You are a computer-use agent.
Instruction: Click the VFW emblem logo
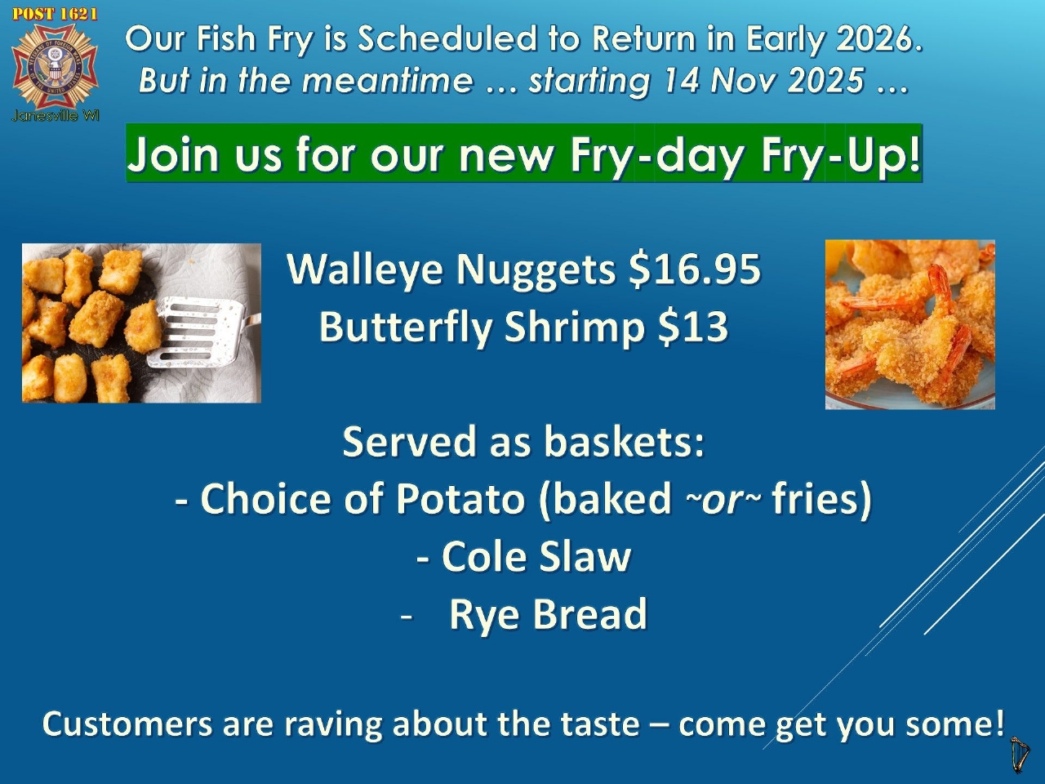[56, 65]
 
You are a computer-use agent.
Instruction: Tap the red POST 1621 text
[56, 14]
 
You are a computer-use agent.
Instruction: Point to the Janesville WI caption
[56, 116]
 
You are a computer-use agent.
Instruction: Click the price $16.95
[695, 269]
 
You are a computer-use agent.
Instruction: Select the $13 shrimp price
[693, 327]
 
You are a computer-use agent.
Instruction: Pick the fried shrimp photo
[909, 324]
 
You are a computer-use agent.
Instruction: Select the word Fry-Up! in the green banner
[841, 154]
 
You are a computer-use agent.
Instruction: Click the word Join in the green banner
[173, 154]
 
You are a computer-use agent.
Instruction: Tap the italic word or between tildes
[723, 500]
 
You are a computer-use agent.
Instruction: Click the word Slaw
[585, 556]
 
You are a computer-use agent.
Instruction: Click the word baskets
[625, 441]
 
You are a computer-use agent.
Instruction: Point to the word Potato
[460, 499]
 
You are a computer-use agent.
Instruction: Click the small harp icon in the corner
[1020, 755]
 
